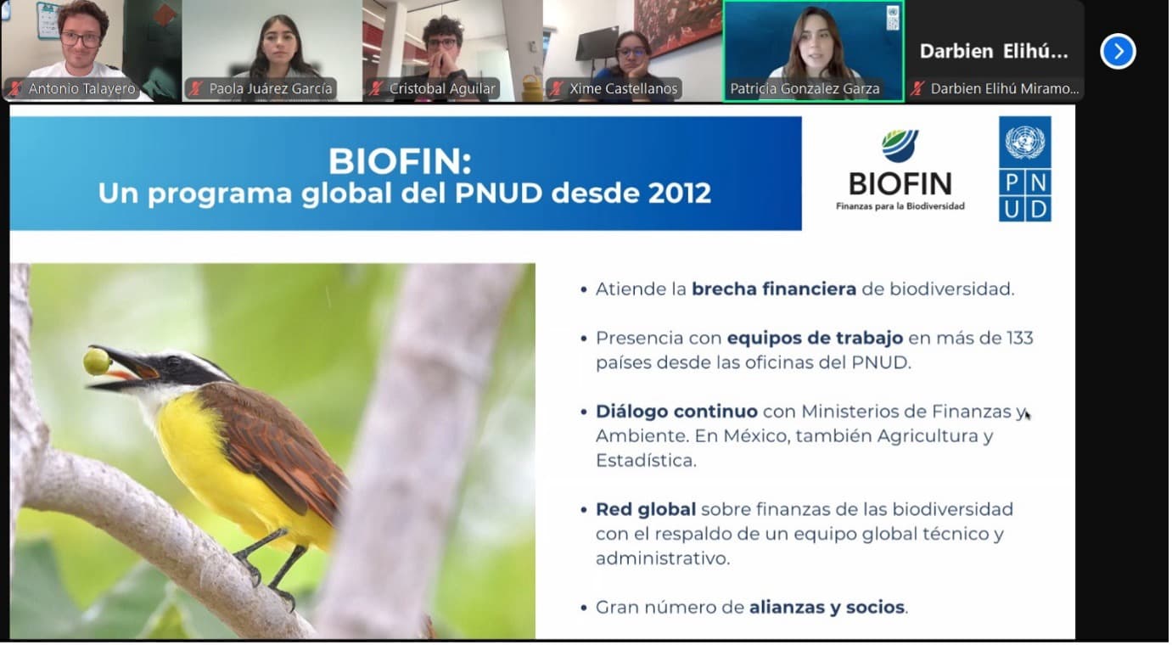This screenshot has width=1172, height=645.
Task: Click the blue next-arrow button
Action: click(x=1118, y=51)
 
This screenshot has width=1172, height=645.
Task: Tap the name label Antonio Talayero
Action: click(x=81, y=89)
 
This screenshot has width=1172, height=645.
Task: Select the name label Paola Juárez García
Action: click(x=271, y=89)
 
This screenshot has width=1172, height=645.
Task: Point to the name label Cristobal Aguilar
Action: click(x=442, y=89)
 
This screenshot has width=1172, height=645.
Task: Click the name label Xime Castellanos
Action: click(x=623, y=89)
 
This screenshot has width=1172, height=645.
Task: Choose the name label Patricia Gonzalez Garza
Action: click(x=805, y=89)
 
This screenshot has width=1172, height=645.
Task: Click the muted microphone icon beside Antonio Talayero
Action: click(x=14, y=89)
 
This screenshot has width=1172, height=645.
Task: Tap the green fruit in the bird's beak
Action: click(x=97, y=362)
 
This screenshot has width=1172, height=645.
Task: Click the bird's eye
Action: click(x=173, y=362)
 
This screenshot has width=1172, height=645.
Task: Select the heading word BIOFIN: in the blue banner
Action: click(x=400, y=161)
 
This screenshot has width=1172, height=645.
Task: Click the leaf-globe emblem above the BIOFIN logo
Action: click(x=900, y=145)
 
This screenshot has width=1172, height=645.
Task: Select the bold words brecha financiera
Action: click(x=774, y=289)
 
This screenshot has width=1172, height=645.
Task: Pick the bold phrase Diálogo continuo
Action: click(x=676, y=412)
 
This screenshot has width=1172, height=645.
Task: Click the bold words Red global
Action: click(x=646, y=509)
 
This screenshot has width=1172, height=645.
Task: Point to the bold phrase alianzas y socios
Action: click(x=827, y=608)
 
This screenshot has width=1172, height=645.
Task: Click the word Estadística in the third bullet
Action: click(x=646, y=460)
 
